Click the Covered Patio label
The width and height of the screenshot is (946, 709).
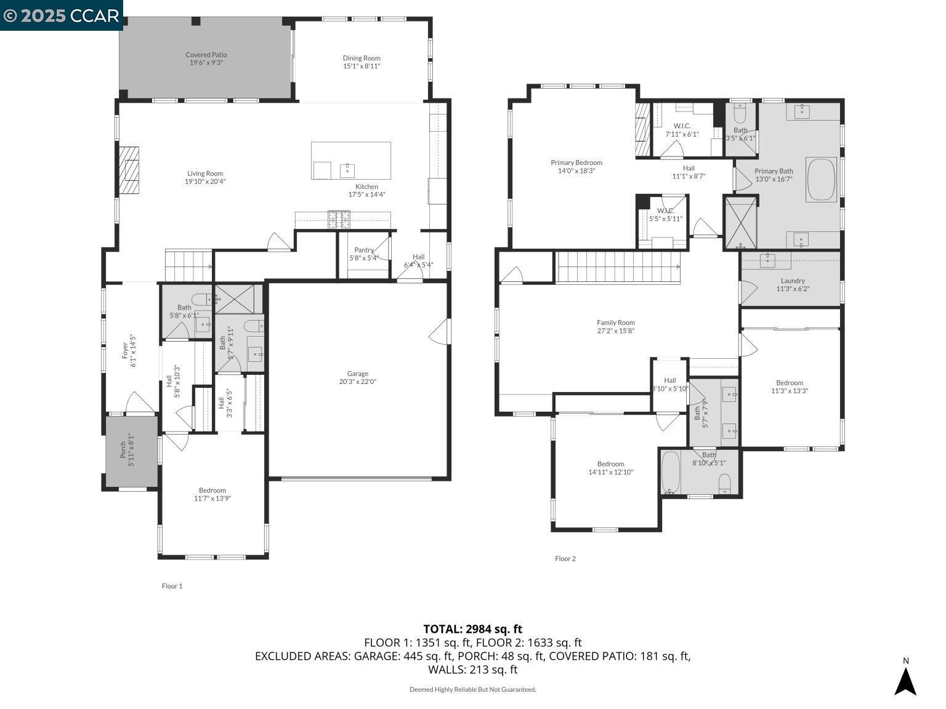206,55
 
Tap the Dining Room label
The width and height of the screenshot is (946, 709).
362,58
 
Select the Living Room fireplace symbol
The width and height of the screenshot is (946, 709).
129,170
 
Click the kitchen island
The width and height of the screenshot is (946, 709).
350,161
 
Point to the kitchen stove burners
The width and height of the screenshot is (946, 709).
339,219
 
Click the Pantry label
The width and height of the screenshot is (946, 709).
364,250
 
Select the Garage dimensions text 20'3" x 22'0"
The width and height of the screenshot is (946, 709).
358,382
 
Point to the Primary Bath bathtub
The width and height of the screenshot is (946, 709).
821,180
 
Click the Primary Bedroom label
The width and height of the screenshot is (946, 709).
576,163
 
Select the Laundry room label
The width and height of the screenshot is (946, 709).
793,281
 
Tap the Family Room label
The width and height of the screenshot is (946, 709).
615,322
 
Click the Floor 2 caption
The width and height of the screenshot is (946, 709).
565,559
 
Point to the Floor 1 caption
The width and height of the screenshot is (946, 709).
172,586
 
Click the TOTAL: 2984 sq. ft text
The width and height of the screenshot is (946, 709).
472,629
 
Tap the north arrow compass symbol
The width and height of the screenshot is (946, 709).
905,680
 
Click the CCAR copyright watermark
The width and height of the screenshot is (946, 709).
61,15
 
